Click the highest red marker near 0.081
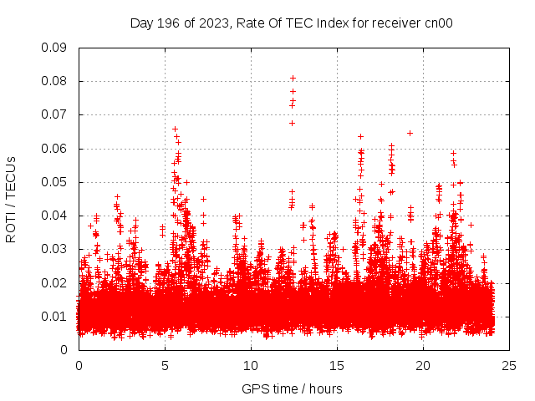tap(293, 78)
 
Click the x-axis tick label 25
tap(510, 366)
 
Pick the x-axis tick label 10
tap(251, 366)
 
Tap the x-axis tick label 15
tap(337, 366)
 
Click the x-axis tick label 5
tap(165, 366)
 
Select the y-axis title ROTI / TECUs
tap(11, 199)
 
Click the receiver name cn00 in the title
tap(438, 23)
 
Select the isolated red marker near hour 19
tap(410, 132)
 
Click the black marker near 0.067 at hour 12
tap(292, 123)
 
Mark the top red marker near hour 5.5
tap(175, 129)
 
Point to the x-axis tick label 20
tap(424, 366)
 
